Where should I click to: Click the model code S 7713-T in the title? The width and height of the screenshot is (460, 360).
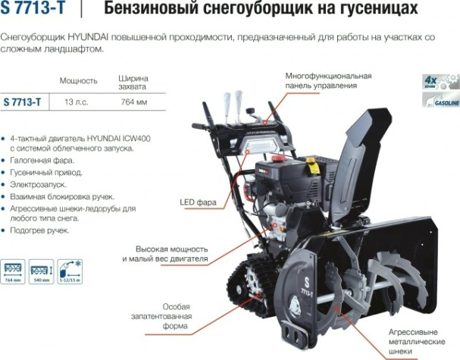pyautogui.click(x=32, y=8)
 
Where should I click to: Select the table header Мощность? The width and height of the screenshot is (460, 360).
pyautogui.click(x=79, y=81)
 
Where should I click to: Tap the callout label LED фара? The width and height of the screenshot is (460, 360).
pyautogui.click(x=199, y=202)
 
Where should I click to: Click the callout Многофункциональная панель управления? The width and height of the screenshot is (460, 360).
pyautogui.click(x=328, y=81)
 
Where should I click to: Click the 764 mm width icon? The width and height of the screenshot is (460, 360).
pyautogui.click(x=14, y=271)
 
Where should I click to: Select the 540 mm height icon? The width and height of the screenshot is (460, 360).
pyautogui.click(x=40, y=271)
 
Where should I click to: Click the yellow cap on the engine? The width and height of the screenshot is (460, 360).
pyautogui.click(x=311, y=162)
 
